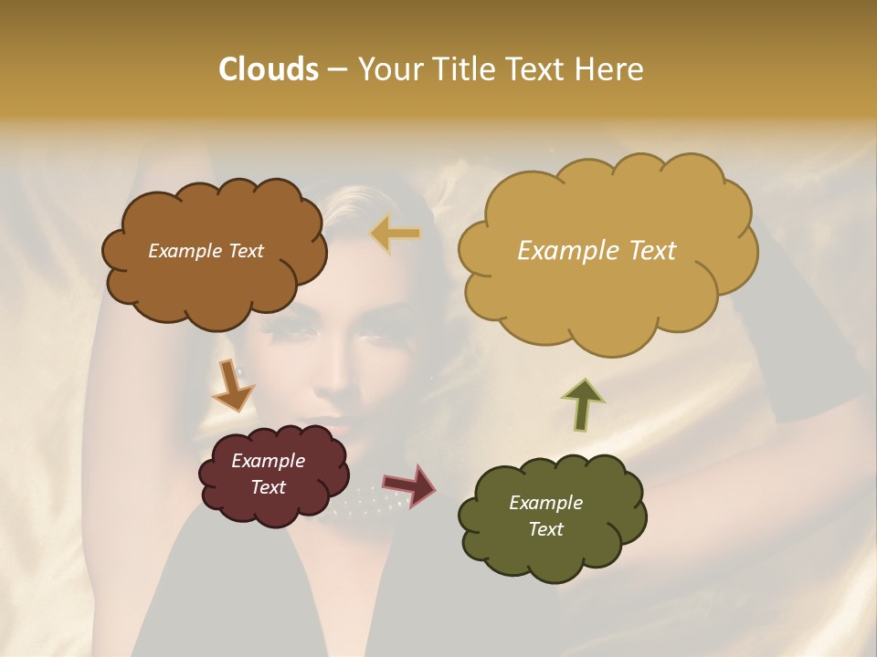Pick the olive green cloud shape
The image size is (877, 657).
pyautogui.click(x=548, y=547)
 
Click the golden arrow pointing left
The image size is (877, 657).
pyautogui.click(x=396, y=234)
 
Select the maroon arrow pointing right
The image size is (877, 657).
pyautogui.click(x=408, y=485)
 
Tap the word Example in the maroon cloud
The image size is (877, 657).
pyautogui.click(x=268, y=461)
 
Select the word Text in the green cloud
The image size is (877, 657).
pyautogui.click(x=545, y=529)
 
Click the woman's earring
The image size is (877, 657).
pyautogui.click(x=243, y=372)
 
